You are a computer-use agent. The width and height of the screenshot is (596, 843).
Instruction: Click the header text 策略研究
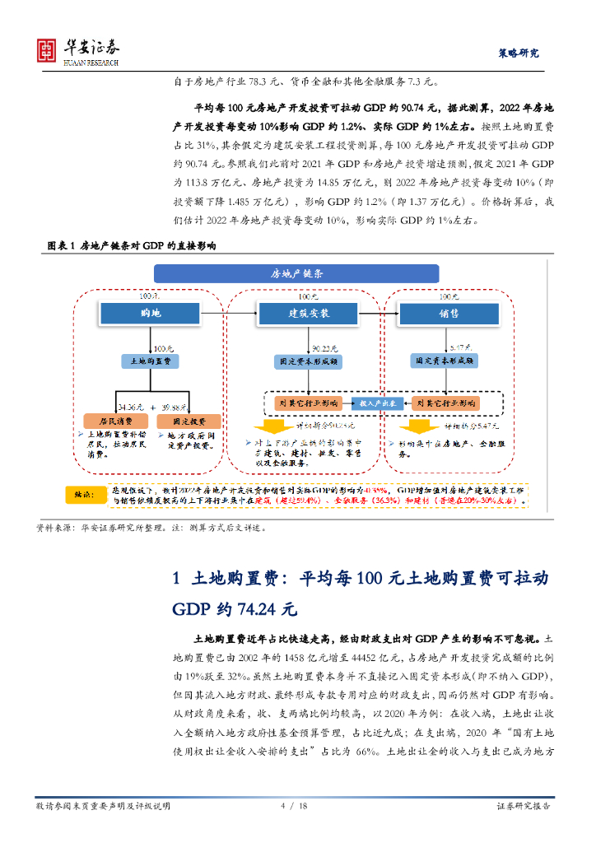coord(519,53)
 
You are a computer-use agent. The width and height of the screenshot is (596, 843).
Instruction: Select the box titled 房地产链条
coord(297,273)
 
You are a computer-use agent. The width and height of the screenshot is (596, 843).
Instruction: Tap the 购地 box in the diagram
coord(149,313)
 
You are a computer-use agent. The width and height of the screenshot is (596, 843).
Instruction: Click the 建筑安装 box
coord(306,313)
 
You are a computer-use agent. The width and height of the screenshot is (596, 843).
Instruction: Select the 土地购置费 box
coord(149,361)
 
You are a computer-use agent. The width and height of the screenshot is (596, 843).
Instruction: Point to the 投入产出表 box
coord(376,403)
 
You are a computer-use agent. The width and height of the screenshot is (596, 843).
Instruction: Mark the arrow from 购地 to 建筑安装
coord(227,313)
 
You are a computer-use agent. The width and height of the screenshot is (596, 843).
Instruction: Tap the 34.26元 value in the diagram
coord(132,407)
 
